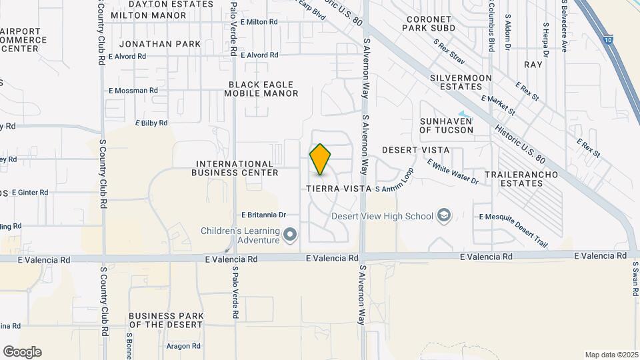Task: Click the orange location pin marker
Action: pos(321,159)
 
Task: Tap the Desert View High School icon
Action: pos(444,216)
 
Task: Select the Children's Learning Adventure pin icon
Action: pos(290,235)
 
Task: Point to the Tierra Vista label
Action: pos(338,189)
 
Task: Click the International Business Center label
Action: pos(234,168)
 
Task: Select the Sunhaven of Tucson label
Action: pos(446,125)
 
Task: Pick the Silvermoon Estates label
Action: pos(461,82)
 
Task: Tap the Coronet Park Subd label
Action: pos(437,24)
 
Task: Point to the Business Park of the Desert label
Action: pos(165,320)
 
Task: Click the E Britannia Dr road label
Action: pos(263,215)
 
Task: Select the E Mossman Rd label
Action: pos(133,90)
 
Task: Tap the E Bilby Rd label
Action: pos(151,123)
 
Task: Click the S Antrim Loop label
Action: pos(394,189)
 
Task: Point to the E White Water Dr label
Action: pos(453,171)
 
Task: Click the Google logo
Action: pos(22,351)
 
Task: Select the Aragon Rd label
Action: pos(184,346)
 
